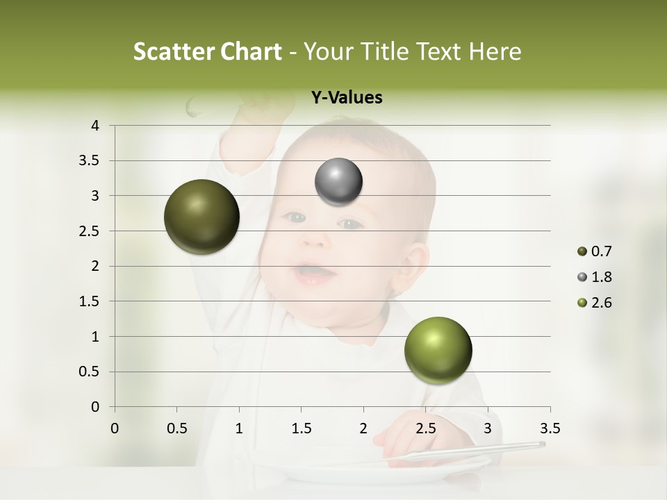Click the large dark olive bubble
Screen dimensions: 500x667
pyautogui.click(x=201, y=217)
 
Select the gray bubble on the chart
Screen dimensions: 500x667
pyautogui.click(x=338, y=182)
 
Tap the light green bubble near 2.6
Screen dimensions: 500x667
pyautogui.click(x=438, y=350)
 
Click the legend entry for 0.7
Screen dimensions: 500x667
pyautogui.click(x=595, y=251)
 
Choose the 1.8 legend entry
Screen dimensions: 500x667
pyautogui.click(x=595, y=277)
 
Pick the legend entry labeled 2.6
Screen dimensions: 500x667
pyautogui.click(x=595, y=303)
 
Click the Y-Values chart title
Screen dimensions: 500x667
pyautogui.click(x=347, y=98)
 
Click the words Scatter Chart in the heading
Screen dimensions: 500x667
pyautogui.click(x=207, y=51)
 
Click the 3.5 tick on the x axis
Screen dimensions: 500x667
pyautogui.click(x=550, y=428)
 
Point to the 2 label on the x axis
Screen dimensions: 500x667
pyautogui.click(x=363, y=428)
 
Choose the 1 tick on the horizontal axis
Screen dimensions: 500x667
pyautogui.click(x=239, y=428)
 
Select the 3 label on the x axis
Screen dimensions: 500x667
pyautogui.click(x=488, y=428)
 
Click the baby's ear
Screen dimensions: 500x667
pyautogui.click(x=415, y=267)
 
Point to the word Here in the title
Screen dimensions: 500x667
pyautogui.click(x=494, y=51)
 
